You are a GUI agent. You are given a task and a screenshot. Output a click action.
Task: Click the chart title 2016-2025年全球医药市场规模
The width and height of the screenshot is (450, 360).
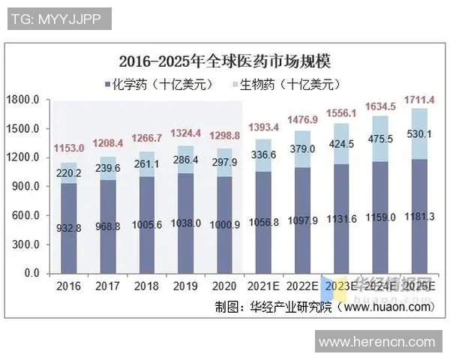tap(225, 60)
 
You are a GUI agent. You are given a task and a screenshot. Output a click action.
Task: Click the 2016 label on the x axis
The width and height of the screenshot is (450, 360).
tap(68, 286)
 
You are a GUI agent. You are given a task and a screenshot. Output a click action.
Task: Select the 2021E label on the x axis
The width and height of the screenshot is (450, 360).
tap(263, 286)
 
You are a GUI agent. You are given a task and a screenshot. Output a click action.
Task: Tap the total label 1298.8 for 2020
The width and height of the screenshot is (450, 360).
tap(224, 136)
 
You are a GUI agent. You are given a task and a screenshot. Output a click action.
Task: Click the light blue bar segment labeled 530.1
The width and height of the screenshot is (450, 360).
tap(419, 133)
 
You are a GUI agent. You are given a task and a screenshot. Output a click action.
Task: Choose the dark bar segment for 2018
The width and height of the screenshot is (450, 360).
tap(146, 225)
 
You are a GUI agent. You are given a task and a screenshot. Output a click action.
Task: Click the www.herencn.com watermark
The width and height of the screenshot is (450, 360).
tap(377, 342)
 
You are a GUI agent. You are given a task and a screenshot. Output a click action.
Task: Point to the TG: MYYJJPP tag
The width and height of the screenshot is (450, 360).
tap(56, 19)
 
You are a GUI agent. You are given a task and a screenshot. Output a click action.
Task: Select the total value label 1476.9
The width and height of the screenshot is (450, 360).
tap(302, 119)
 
